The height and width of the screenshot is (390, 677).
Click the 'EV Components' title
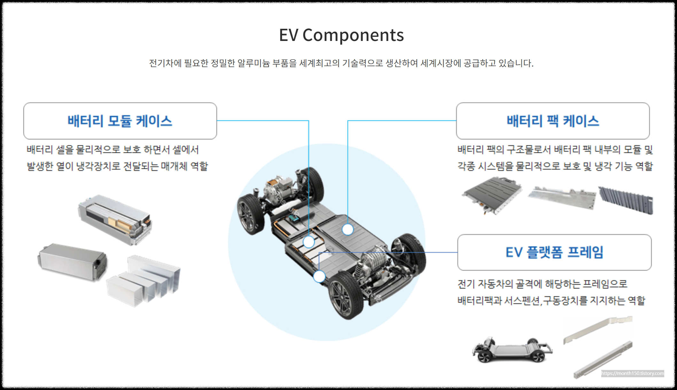(341, 35)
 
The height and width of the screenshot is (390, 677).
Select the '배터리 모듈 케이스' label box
(120, 121)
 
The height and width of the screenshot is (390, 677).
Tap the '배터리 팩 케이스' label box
(553, 121)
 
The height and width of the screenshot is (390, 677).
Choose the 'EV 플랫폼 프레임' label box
(554, 252)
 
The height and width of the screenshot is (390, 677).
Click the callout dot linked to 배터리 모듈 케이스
(309, 242)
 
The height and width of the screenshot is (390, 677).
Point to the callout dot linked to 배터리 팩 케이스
(348, 229)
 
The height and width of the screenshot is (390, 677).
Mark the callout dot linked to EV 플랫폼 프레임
(319, 276)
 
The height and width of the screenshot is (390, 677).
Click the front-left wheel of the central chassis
(251, 214)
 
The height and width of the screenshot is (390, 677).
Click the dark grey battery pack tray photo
(492, 195)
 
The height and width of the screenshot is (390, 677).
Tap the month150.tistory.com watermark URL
(632, 373)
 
